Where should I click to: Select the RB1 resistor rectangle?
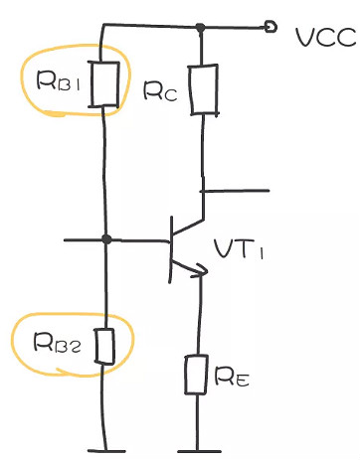pyautogui.click(x=104, y=83)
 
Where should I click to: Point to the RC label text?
pyautogui.click(x=159, y=91)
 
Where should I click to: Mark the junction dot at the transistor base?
pyautogui.click(x=105, y=239)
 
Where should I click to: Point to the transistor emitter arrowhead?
pyautogui.click(x=202, y=268)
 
